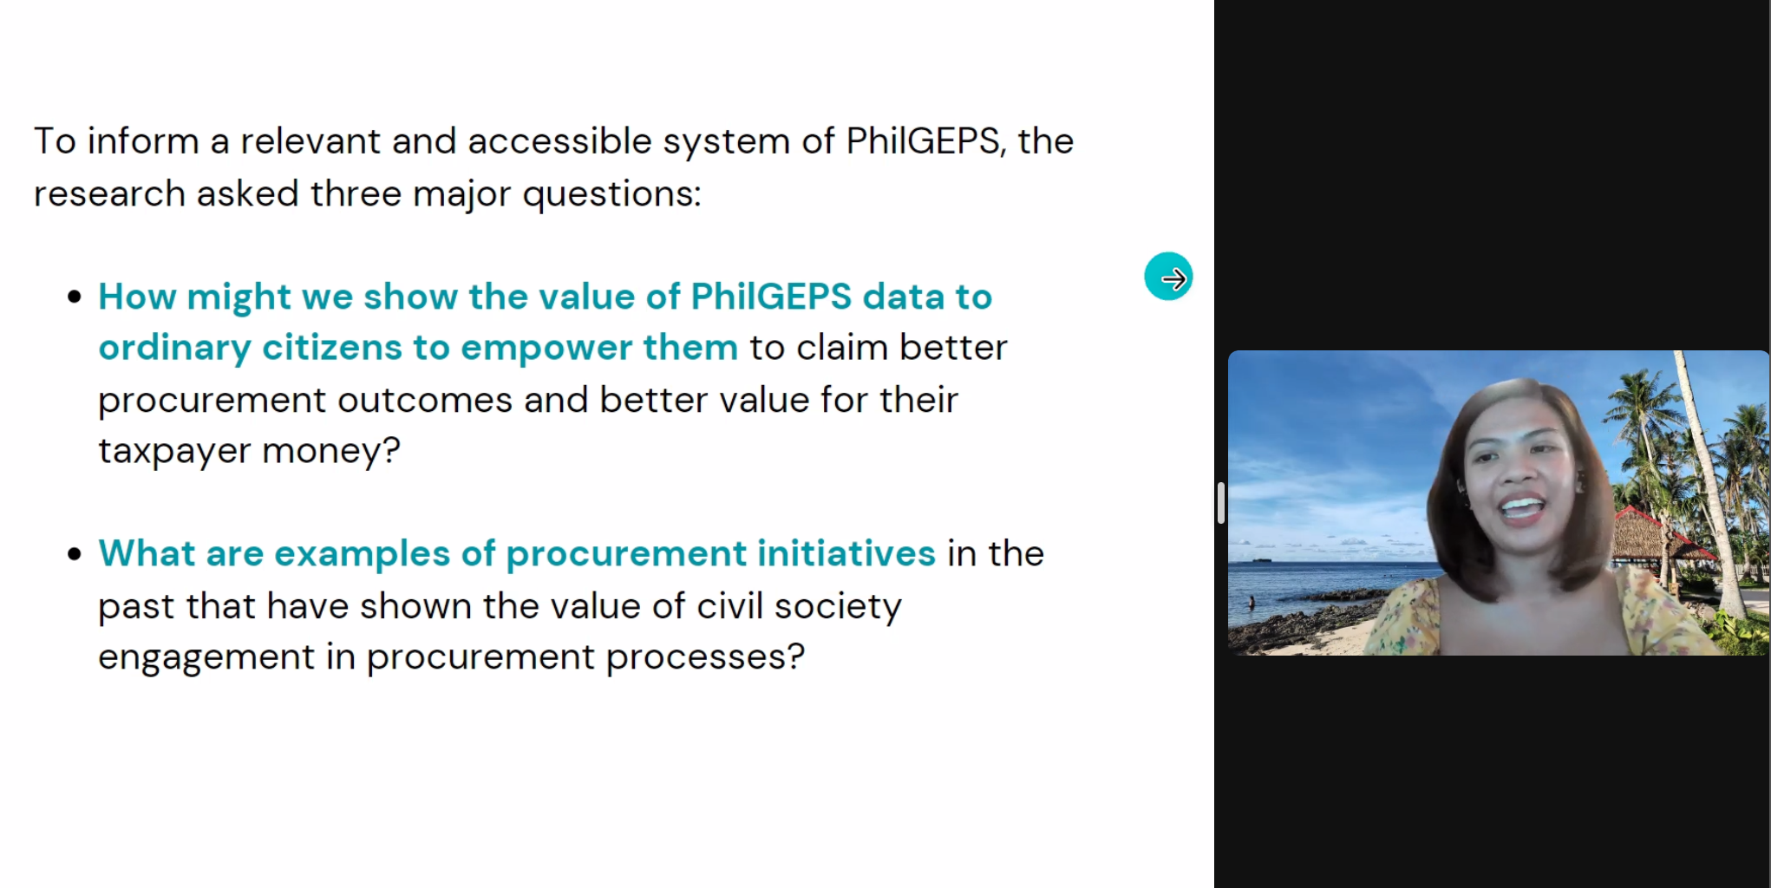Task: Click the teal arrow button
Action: coord(1168,277)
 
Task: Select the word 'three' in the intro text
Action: coord(356,193)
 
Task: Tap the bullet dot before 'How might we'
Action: coord(75,297)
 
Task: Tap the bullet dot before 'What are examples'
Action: coord(75,554)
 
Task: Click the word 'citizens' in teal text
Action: coord(332,348)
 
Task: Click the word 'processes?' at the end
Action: coord(705,657)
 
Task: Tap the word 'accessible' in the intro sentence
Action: coord(559,140)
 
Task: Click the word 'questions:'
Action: coord(611,194)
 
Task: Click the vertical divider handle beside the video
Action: coord(1221,503)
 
